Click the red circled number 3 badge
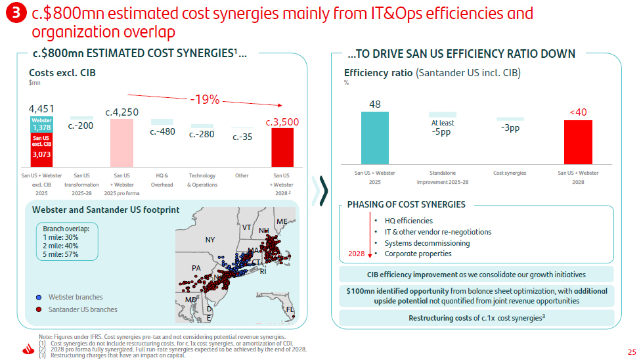tap(16, 12)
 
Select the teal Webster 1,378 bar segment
tap(41, 124)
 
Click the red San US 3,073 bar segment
tap(41, 150)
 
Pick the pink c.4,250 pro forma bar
tap(122, 143)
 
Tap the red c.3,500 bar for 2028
tap(282, 147)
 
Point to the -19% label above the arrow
tap(205, 99)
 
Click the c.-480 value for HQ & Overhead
tap(162, 132)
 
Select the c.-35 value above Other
tap(242, 137)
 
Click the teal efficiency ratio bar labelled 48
tap(375, 138)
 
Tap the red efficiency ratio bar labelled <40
tap(578, 142)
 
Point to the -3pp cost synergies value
tap(510, 128)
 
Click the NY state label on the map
tap(210, 240)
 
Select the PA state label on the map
tap(196, 268)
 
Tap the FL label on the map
tap(290, 309)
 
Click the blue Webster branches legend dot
tap(39, 298)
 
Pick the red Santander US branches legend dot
tap(39, 309)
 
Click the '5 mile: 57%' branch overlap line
tap(60, 254)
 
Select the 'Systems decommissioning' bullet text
tap(427, 243)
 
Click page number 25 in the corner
tap(632, 352)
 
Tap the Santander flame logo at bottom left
tap(28, 349)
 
